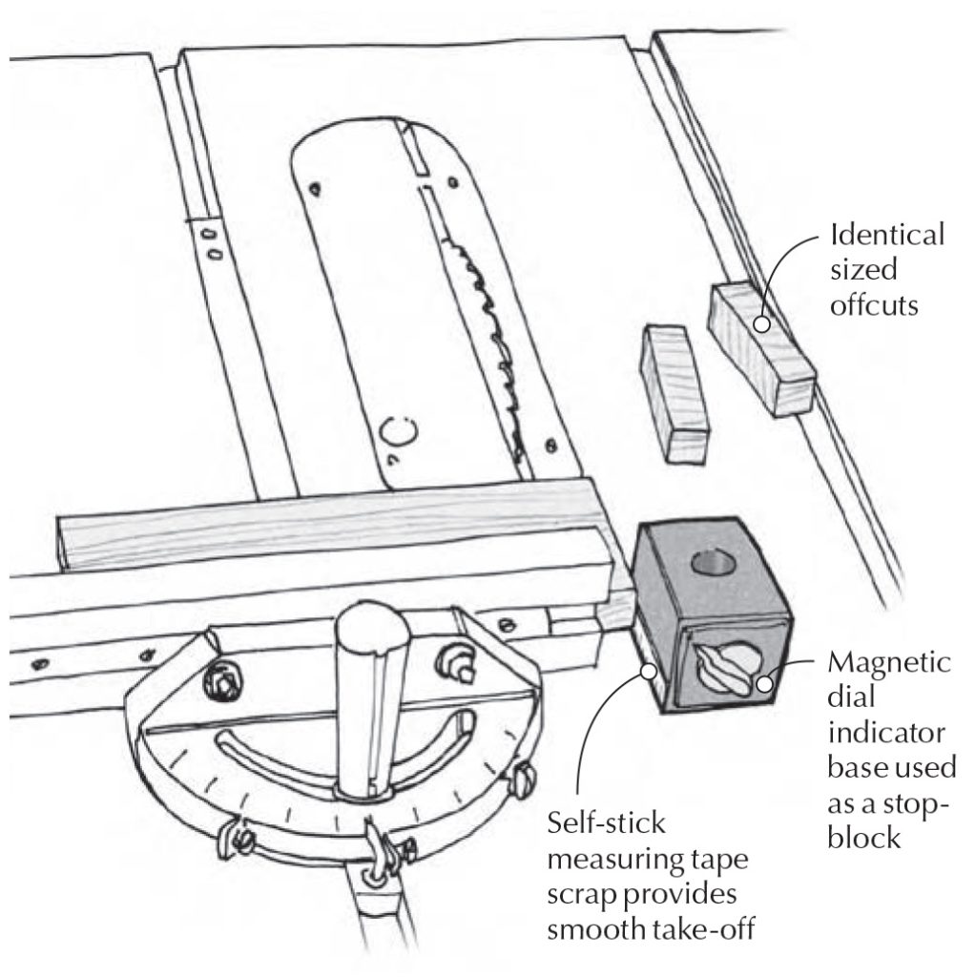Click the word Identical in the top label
(886, 234)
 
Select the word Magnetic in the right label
(889, 662)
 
